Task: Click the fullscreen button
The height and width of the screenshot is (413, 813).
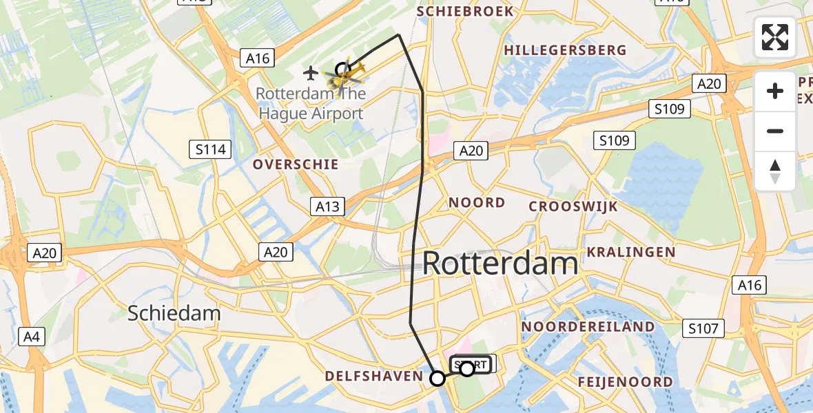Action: click(775, 37)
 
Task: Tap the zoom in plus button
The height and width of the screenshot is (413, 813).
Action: click(775, 91)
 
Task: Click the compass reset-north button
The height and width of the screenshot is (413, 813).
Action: click(775, 171)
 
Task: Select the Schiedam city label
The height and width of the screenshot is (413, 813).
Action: click(174, 313)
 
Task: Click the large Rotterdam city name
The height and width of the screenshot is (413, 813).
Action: click(500, 264)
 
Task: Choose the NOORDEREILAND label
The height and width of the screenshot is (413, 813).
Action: click(588, 326)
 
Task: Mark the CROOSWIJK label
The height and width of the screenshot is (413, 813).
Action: click(573, 206)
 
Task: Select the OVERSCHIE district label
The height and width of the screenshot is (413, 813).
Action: click(295, 165)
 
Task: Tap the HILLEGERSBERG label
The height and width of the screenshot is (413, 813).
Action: click(565, 50)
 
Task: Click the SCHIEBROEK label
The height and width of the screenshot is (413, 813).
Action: click(465, 12)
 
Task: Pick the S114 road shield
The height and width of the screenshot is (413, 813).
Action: click(211, 149)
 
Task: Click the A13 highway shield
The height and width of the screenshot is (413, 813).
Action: click(327, 207)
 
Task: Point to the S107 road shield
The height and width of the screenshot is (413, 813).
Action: click(704, 330)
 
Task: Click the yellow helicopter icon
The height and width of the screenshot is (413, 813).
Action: click(349, 74)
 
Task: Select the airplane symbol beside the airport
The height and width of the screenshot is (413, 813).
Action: click(311, 72)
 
